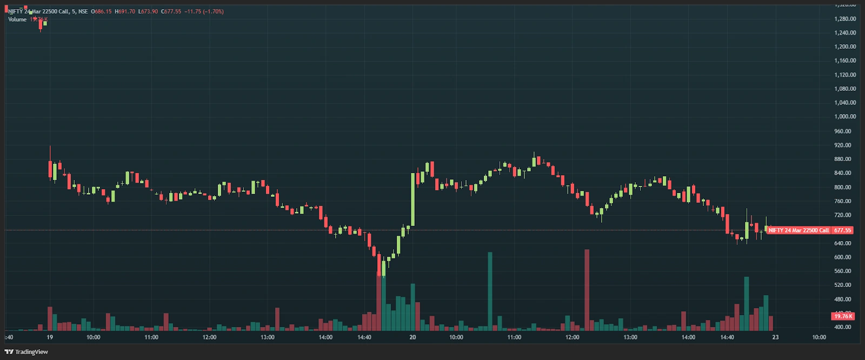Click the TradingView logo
[x=26, y=352]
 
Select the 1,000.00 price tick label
[x=845, y=117]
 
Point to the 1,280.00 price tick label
[x=845, y=19]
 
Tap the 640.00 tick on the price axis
[x=842, y=243]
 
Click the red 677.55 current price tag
[x=842, y=230]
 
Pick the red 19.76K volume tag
[x=842, y=316]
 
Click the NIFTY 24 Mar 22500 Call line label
[x=799, y=230]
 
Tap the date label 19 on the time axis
[x=50, y=337]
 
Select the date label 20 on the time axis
[x=412, y=337]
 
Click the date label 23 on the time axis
[x=775, y=337]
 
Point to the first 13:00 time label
[x=268, y=337]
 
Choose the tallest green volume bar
[x=490, y=291]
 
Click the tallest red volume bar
[x=587, y=289]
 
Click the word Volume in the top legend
[x=17, y=19]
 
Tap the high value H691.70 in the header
[x=125, y=11]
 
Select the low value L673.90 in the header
[x=148, y=11]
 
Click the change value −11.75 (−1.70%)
[x=204, y=11]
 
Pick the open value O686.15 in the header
[x=101, y=11]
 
